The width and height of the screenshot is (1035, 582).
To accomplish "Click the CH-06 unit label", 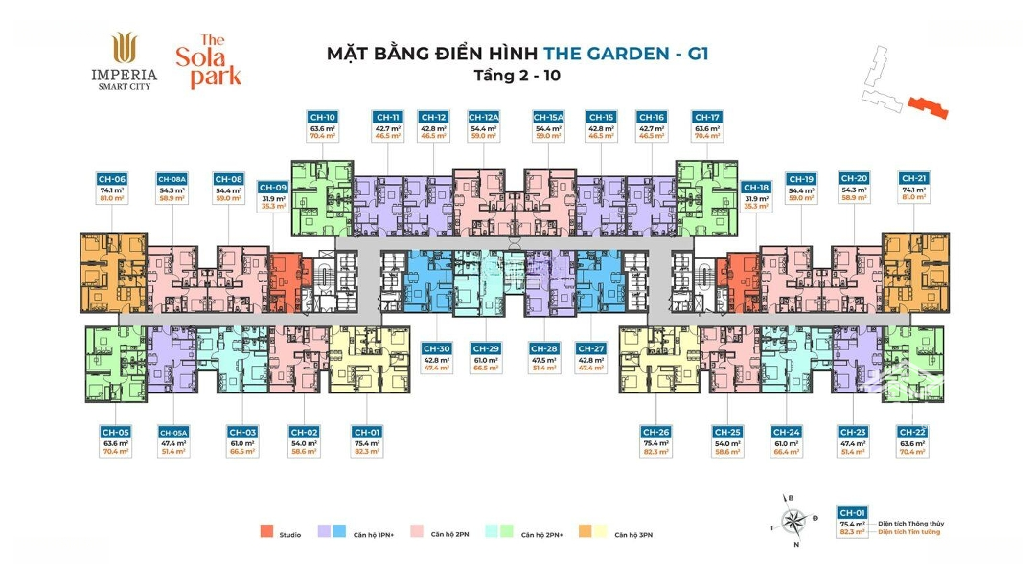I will click(112, 179).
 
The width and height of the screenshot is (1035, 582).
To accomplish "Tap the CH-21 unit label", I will click(913, 179).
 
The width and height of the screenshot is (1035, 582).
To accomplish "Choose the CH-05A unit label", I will click(173, 433).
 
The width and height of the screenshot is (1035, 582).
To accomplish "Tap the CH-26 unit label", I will click(656, 433).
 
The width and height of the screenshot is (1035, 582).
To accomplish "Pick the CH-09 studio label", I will click(273, 188).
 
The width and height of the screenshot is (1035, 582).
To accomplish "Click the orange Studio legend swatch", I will click(264, 531).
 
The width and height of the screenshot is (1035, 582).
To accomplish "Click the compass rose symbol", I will click(793, 521).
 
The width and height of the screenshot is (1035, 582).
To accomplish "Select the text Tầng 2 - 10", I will click(517, 74).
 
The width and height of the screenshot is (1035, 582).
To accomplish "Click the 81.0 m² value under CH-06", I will click(112, 199).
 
